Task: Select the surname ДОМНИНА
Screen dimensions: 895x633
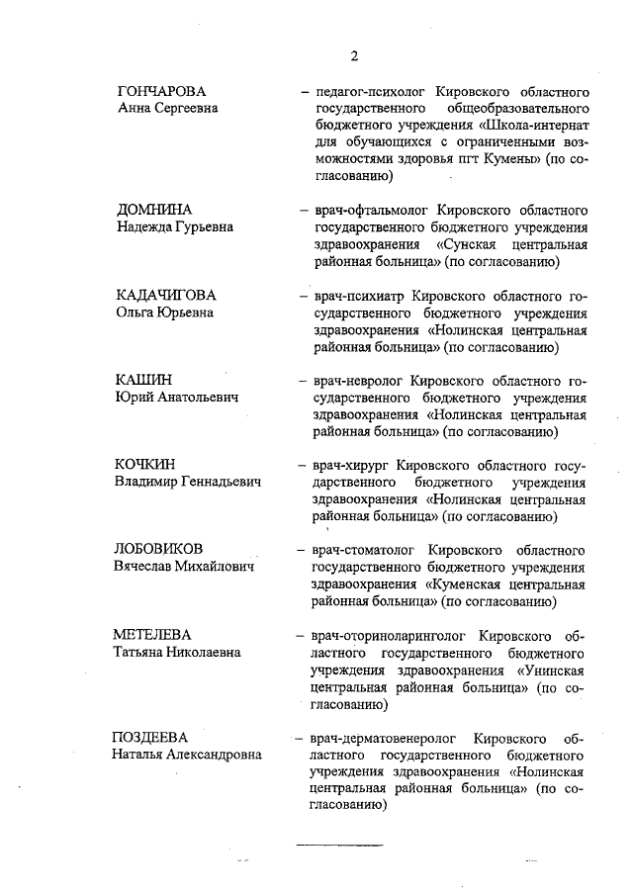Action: click(153, 211)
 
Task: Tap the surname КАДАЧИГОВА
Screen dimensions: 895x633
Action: click(165, 296)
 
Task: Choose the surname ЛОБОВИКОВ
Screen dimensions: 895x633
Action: click(160, 549)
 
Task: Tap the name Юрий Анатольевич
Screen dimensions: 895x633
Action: click(176, 398)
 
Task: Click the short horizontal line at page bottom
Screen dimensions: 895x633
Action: click(340, 845)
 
